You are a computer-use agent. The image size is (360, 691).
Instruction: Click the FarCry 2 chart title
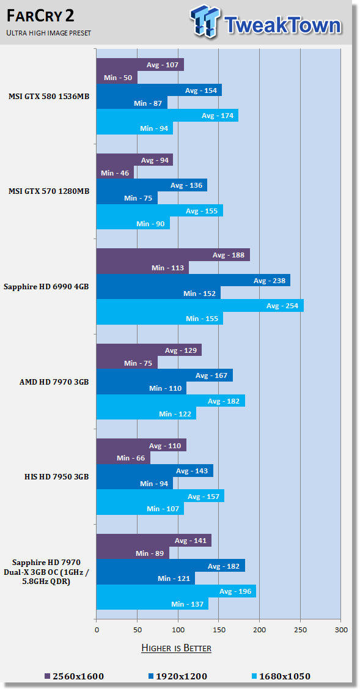(x=40, y=17)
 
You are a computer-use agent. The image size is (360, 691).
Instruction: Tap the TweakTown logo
(x=266, y=22)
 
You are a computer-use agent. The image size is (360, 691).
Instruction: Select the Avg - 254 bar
(x=200, y=306)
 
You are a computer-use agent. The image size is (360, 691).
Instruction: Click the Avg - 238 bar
(x=193, y=280)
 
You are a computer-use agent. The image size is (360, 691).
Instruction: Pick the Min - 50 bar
(x=117, y=78)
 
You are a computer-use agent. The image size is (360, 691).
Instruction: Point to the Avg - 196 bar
(x=176, y=591)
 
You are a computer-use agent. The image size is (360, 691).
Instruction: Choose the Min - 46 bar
(x=115, y=172)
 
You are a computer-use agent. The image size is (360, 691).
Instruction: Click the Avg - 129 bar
(x=149, y=350)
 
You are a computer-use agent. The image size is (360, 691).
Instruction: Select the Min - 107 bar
(x=140, y=509)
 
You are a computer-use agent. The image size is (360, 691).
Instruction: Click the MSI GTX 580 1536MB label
(x=49, y=96)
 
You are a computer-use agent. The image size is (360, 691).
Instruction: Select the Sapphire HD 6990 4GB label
(x=46, y=286)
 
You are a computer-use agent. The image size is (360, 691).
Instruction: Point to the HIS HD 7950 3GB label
(x=57, y=477)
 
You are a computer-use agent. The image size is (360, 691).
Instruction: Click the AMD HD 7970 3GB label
(x=54, y=382)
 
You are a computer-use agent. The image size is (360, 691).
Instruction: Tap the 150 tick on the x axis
(x=219, y=630)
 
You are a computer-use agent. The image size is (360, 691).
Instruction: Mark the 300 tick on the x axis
(x=341, y=630)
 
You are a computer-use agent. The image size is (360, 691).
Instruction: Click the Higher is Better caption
(x=176, y=648)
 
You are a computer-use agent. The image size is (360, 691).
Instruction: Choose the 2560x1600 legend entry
(x=75, y=676)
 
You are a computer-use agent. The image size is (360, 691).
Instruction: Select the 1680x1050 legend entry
(x=281, y=676)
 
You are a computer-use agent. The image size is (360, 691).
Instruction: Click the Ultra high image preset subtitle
(x=49, y=33)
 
